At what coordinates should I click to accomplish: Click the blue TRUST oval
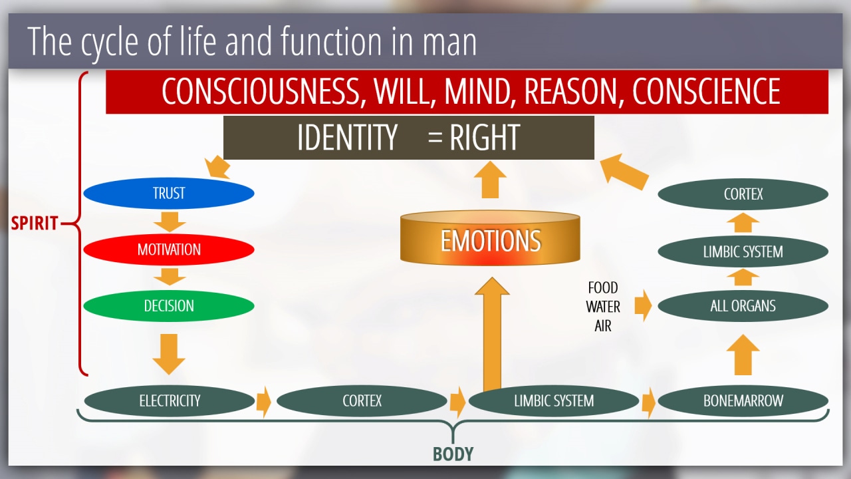pos(169,193)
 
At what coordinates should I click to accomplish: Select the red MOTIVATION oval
pos(169,249)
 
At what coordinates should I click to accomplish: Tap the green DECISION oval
pos(169,305)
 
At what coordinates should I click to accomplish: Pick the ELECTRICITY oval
pos(170,400)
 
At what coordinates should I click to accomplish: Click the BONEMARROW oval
pos(743,400)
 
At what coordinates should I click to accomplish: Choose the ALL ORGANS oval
pos(743,305)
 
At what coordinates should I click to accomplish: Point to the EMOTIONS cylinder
pos(490,238)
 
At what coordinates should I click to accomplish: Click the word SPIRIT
pos(34,223)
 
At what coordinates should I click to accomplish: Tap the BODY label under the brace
pos(453,454)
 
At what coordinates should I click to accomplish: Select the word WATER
pos(603,307)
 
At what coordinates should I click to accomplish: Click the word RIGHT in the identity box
pos(485,137)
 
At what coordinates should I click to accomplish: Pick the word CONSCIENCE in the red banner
pos(706,91)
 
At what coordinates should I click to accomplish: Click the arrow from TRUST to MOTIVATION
pos(170,222)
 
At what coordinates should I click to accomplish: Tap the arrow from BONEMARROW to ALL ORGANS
pos(743,355)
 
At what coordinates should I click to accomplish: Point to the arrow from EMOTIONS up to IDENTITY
pos(490,180)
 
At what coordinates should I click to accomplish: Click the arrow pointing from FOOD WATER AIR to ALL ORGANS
pos(643,305)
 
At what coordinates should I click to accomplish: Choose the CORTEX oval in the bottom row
pos(362,400)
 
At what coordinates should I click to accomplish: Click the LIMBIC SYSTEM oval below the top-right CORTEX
pos(743,251)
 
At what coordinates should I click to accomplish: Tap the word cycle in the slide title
pos(110,43)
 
